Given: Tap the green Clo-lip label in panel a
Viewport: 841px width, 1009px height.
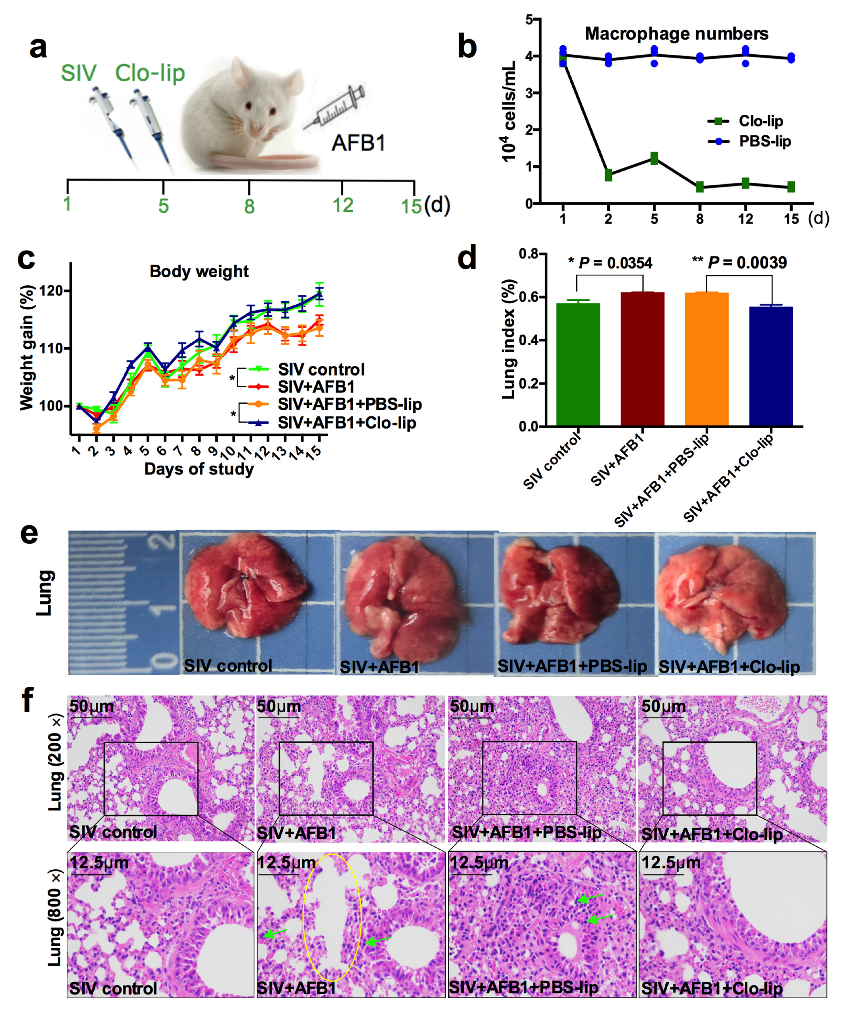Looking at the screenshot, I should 150,73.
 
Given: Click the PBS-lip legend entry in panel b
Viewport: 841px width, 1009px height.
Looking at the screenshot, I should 764,141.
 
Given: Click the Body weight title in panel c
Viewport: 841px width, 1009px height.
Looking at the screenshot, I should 199,271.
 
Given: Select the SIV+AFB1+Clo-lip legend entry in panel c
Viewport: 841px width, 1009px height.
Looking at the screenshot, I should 346,423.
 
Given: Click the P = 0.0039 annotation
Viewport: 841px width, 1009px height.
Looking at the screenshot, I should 747,262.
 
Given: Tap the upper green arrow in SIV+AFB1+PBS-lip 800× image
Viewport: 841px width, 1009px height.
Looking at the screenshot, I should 589,897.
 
